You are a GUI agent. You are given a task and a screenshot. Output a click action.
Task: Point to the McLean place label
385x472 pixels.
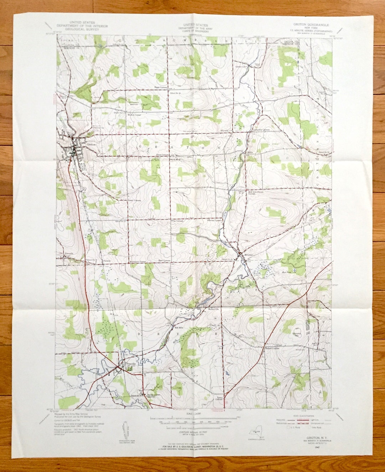point(248,255)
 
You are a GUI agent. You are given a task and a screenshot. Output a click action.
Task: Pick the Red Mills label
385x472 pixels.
point(179,327)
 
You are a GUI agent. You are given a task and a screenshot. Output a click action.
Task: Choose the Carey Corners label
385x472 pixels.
point(134,201)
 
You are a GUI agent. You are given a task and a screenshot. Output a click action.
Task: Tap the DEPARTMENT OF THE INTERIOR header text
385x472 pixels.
point(78,26)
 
